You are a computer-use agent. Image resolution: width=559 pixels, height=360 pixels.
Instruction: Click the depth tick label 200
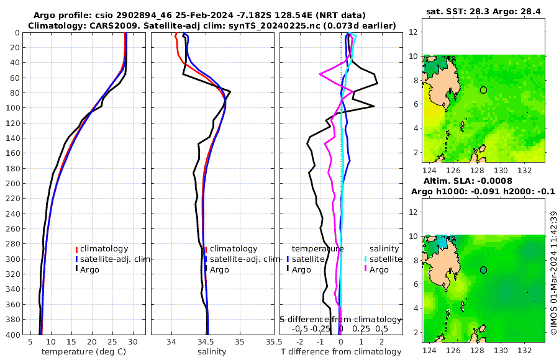12,184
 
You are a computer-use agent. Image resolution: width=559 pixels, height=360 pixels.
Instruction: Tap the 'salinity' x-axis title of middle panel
212,352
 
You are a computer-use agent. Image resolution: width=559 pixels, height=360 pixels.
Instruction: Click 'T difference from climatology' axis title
341,352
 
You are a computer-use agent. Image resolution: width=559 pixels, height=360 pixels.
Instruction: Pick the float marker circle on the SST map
483,90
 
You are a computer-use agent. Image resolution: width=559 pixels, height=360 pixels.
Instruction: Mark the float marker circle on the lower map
483,270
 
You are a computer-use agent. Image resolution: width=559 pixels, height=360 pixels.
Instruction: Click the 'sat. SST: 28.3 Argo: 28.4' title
483,12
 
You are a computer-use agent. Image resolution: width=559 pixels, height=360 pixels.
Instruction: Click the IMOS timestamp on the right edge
553,273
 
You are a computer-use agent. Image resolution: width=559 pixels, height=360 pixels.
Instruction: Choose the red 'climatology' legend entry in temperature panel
106,249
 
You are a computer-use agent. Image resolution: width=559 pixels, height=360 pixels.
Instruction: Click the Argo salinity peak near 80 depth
230,92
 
